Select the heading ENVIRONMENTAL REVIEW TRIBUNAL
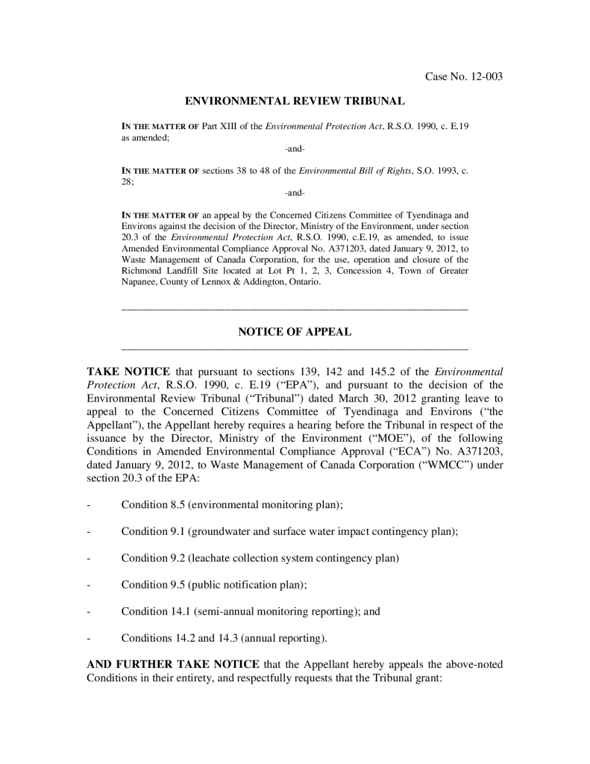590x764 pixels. (295, 100)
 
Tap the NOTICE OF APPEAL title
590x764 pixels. (295, 332)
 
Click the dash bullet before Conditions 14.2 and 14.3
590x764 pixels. (89, 639)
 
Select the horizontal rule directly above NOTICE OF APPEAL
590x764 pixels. (295, 309)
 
